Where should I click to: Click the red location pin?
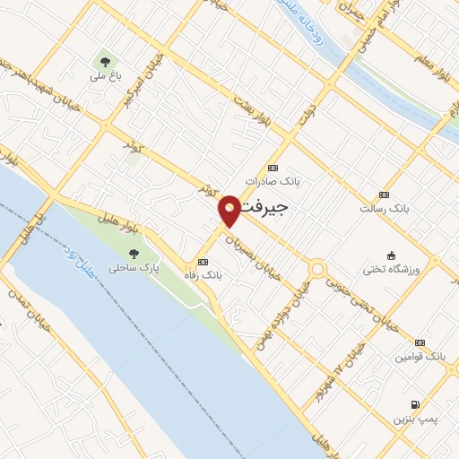tap(230, 210)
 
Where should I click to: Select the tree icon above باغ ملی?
tap(106, 62)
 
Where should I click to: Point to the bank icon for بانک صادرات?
tap(273, 168)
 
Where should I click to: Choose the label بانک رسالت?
tap(384, 208)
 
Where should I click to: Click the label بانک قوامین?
tap(420, 356)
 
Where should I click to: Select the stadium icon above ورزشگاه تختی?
tap(390, 255)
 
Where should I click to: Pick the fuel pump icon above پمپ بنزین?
tap(414, 404)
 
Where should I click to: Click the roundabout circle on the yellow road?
tap(317, 269)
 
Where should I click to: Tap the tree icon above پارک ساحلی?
tap(134, 254)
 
